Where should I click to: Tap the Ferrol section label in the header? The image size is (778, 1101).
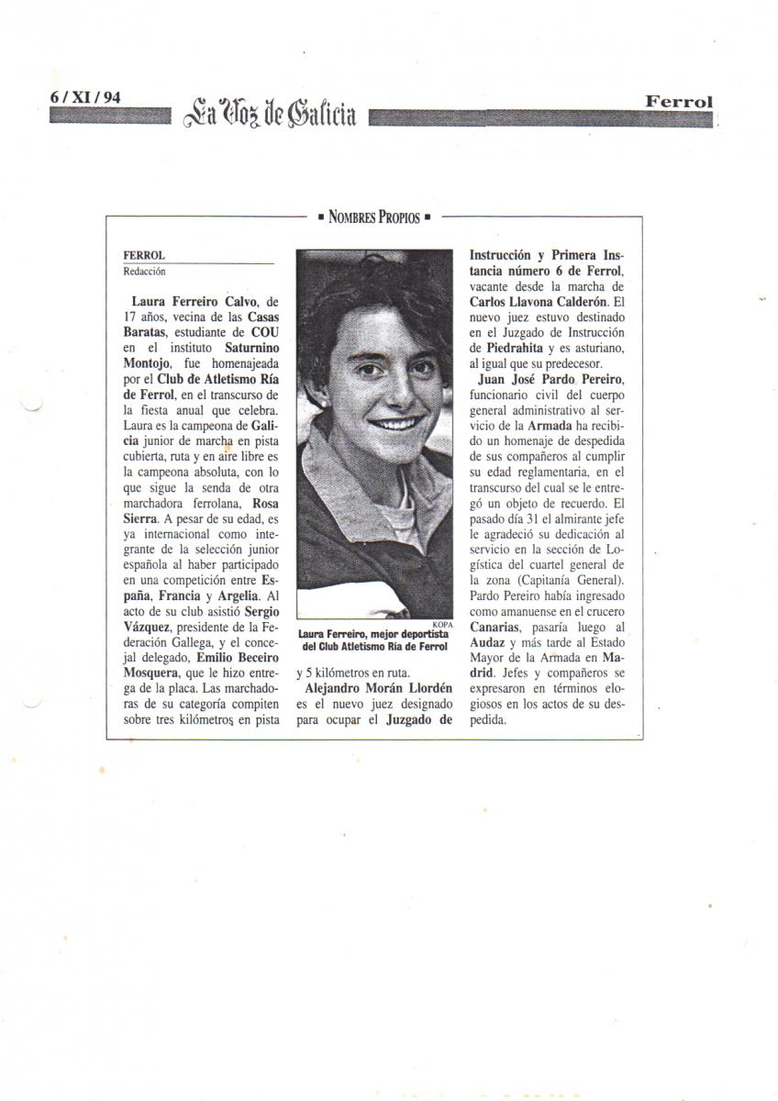coord(679,102)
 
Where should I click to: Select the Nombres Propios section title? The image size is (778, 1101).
coord(374,217)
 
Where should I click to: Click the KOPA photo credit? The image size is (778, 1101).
coord(442,622)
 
